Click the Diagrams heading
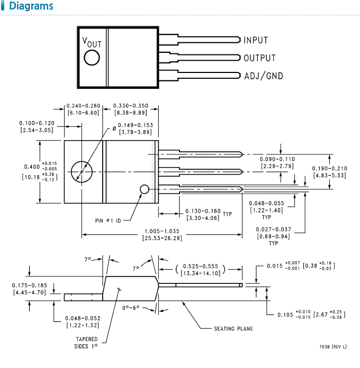31,7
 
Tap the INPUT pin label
256,40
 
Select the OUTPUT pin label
259,58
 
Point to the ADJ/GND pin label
263,76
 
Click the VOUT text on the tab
92,42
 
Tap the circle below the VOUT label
92,58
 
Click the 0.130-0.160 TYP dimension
203,214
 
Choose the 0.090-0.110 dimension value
277,163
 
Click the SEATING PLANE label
233,329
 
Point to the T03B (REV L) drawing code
333,346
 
